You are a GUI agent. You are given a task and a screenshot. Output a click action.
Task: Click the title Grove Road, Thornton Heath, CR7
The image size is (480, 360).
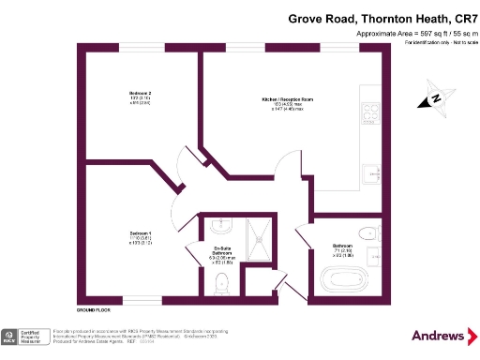pyautogui.click(x=382, y=18)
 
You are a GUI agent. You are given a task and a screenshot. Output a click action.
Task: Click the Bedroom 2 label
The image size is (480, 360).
pyautogui.click(x=141, y=97)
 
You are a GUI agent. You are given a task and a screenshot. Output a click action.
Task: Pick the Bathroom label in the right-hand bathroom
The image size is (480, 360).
pyautogui.click(x=342, y=248)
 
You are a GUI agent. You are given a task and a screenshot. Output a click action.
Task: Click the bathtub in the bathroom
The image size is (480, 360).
pyautogui.click(x=342, y=278)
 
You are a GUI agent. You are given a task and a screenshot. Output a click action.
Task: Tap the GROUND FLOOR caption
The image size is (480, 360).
pyautogui.click(x=94, y=308)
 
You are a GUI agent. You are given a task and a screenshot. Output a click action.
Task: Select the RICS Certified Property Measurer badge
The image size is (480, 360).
pyautogui.click(x=26, y=337)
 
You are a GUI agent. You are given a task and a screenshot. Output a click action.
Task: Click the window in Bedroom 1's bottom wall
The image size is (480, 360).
pyautogui.click(x=141, y=301)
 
